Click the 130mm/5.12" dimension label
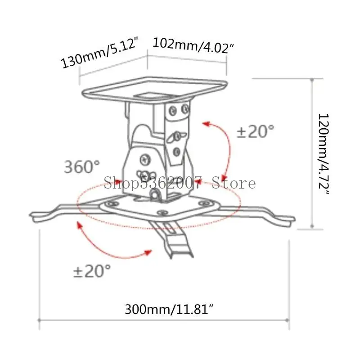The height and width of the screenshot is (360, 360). (x=100, y=53)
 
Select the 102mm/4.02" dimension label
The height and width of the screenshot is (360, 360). (x=193, y=46)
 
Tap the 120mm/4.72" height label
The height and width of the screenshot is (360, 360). (x=324, y=154)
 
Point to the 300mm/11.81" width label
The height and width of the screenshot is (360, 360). (x=169, y=309)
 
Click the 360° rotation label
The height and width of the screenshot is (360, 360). (x=82, y=166)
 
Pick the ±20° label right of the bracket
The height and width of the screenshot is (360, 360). (x=256, y=131)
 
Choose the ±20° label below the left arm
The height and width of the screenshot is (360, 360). (x=92, y=271)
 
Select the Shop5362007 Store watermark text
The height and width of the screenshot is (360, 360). (x=180, y=183)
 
